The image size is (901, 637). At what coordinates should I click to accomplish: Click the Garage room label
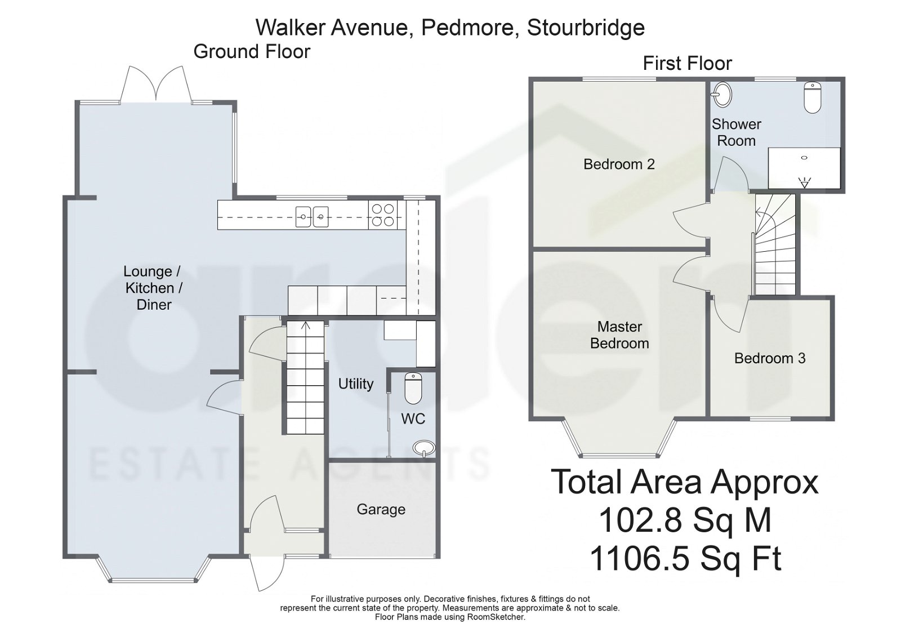381,509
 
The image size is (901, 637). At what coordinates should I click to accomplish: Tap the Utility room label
355,384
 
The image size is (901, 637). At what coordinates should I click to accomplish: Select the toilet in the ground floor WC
413,389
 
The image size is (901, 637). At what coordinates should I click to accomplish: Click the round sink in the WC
423,448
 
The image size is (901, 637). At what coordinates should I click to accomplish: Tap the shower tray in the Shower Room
804,168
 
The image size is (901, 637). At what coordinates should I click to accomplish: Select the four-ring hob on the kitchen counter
382,215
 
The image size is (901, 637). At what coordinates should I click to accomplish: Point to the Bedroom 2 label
619,164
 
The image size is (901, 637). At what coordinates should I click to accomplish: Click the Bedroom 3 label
769,358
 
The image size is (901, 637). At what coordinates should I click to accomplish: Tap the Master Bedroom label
619,335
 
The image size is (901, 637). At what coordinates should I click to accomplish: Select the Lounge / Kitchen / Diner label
152,288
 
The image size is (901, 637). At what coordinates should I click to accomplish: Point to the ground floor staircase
305,377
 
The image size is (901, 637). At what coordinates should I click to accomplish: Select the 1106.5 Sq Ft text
685,559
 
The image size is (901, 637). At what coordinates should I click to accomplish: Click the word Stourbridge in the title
585,27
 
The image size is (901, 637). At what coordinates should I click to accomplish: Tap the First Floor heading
687,63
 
